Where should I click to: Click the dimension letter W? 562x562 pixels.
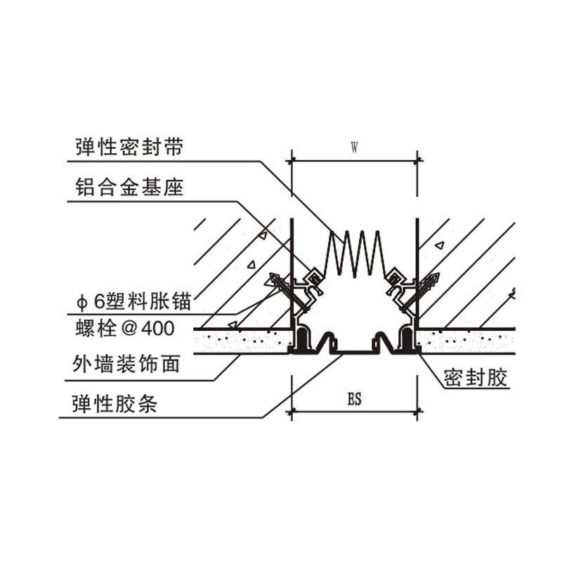355,148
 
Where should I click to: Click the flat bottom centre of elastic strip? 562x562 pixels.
355,350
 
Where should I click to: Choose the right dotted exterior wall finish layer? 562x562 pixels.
467,341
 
